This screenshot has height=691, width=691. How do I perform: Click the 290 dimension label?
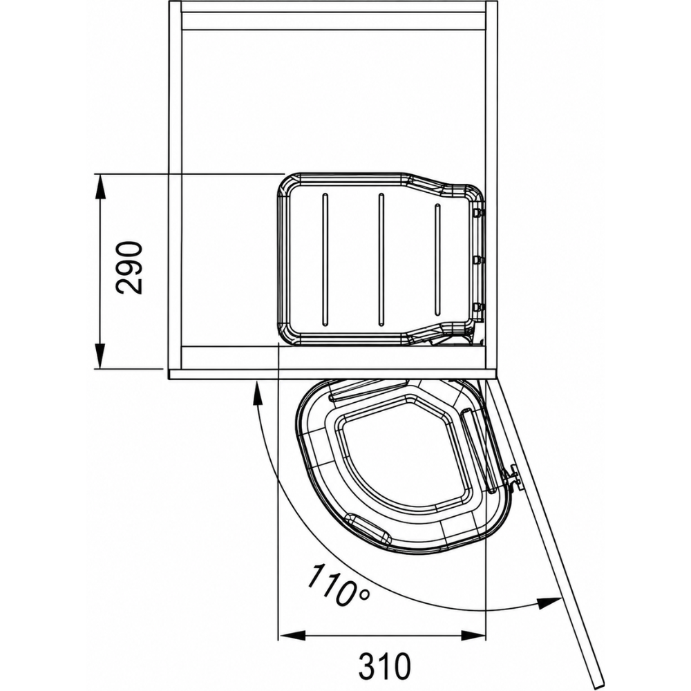point(129,267)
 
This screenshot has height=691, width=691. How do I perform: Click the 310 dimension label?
point(384,665)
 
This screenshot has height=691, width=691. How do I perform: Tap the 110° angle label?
point(338,585)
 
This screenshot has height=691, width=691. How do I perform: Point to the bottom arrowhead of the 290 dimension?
point(101,356)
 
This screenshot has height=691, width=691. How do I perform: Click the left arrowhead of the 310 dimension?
point(292,636)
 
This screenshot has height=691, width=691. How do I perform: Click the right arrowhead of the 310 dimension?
point(473,636)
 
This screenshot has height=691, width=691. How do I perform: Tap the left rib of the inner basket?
point(325,259)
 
